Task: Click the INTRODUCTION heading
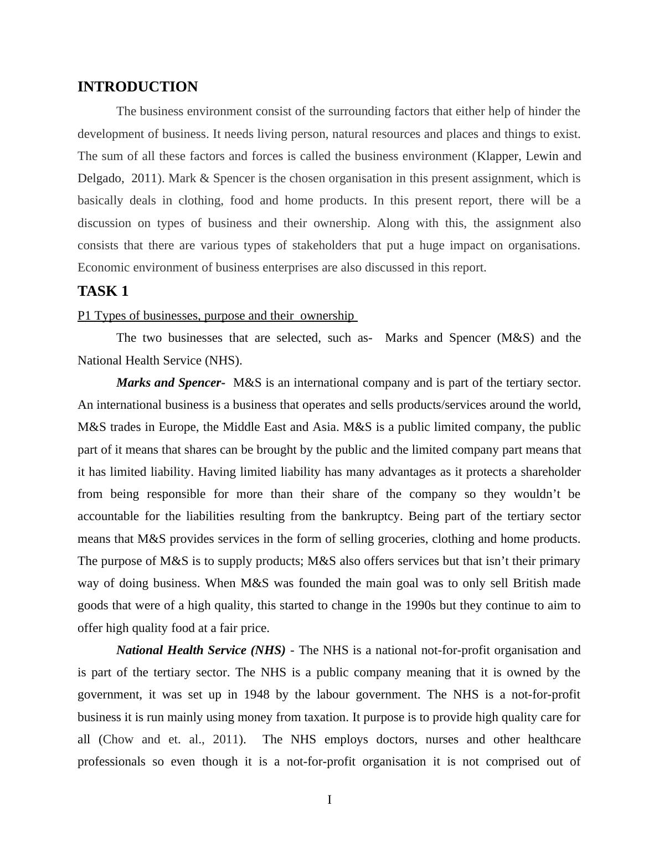(x=137, y=87)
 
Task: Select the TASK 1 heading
(x=103, y=291)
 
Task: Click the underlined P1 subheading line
(x=217, y=316)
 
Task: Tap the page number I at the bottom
(x=329, y=800)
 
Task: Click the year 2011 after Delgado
(x=144, y=178)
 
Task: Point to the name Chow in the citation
(x=119, y=739)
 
